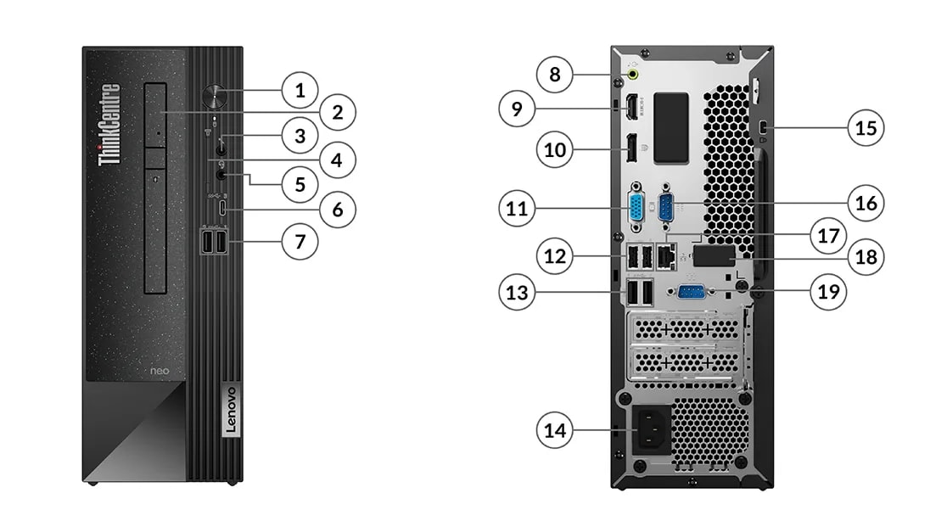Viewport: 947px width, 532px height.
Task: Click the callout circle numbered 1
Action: coord(299,88)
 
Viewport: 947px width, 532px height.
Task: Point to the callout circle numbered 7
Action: coord(299,242)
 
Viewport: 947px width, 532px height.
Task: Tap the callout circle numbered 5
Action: coord(300,184)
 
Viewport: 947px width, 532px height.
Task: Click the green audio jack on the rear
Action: coord(633,76)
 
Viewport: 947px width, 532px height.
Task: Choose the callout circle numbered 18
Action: coord(866,255)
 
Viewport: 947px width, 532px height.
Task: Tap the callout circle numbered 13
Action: coord(518,293)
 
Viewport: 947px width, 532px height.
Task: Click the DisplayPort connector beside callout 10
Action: coord(632,149)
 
